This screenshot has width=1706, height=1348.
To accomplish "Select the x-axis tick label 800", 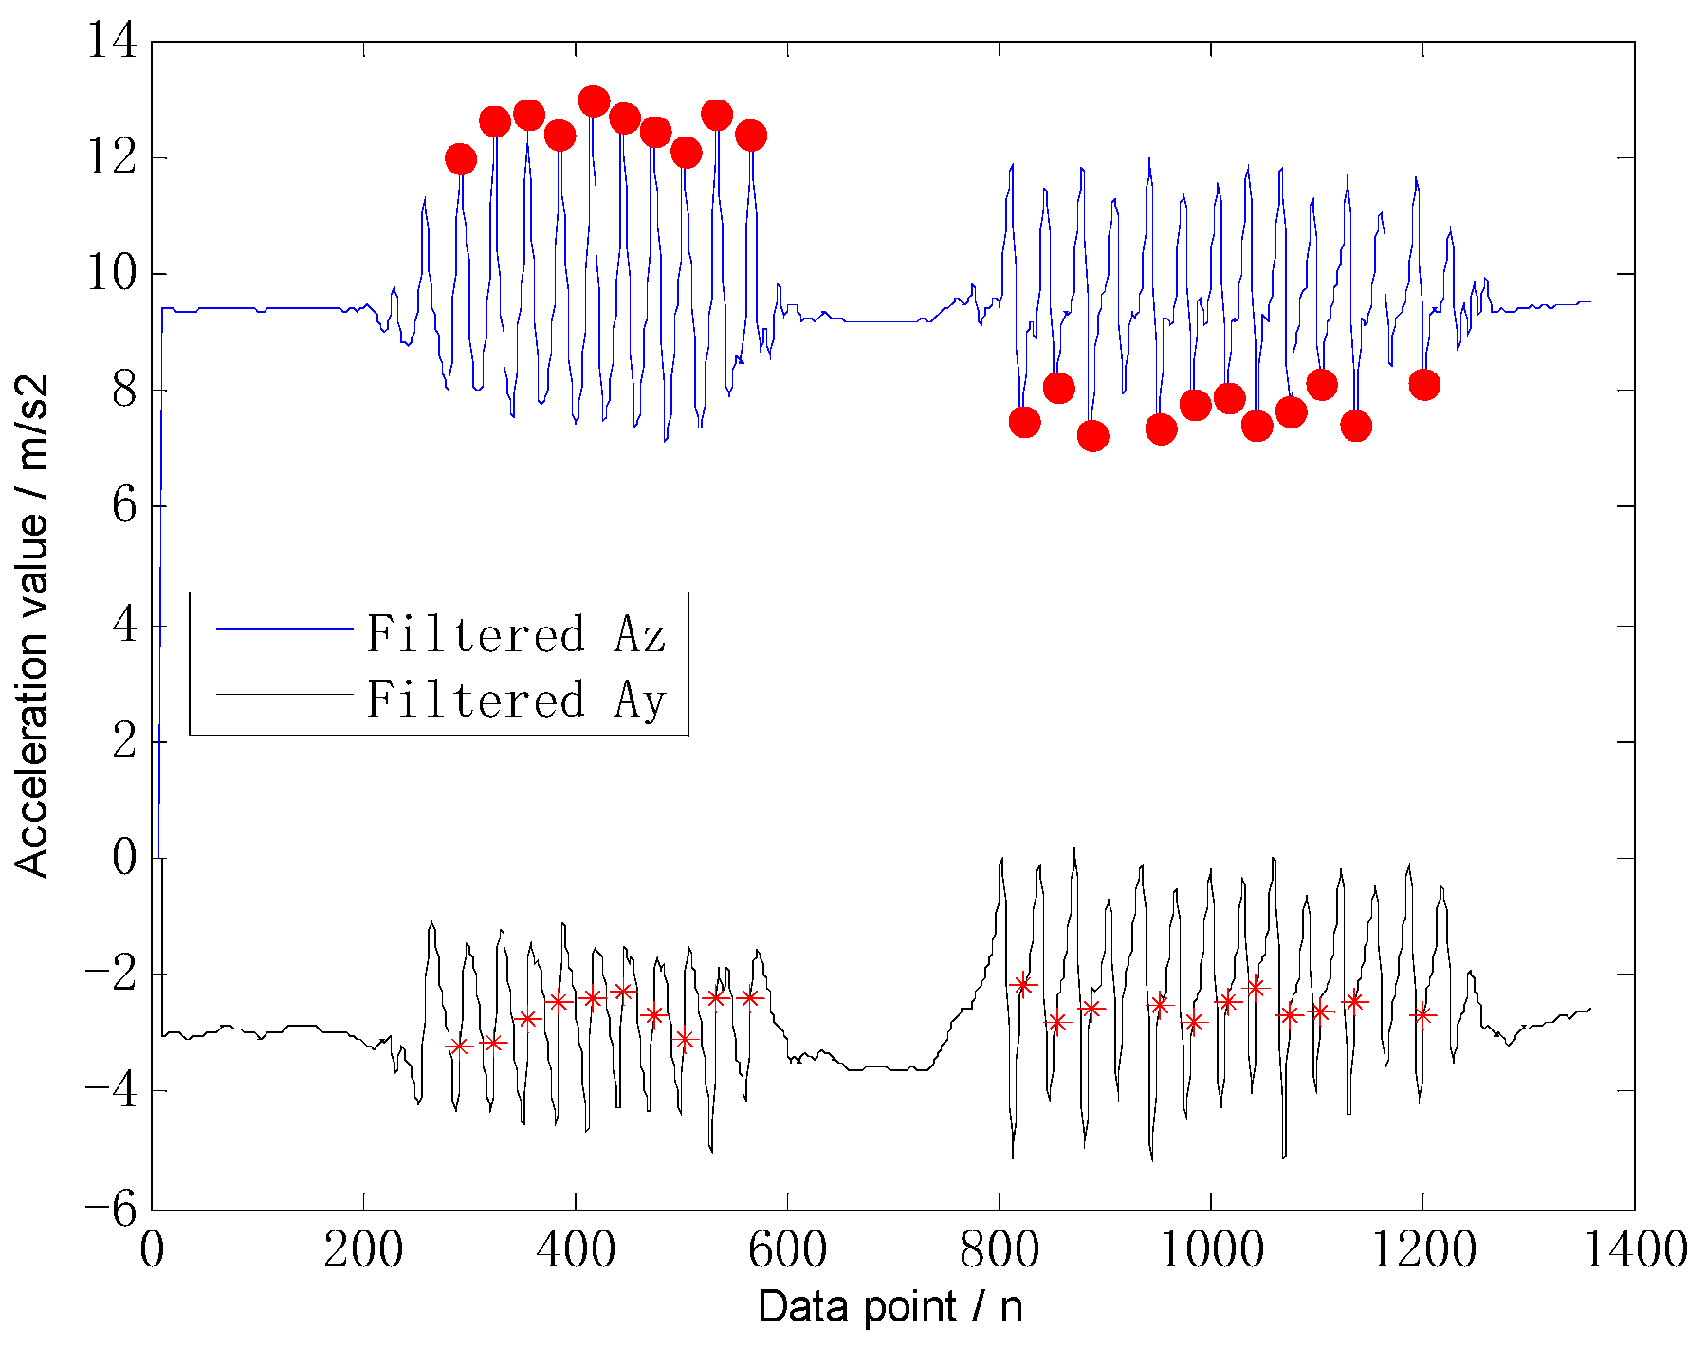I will (997, 1250).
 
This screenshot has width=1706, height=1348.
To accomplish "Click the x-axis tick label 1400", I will (1635, 1250).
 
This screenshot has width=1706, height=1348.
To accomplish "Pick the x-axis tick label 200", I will (363, 1250).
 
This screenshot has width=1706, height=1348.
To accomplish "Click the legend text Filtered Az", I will (517, 633).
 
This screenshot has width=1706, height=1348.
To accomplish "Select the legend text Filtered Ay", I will (517, 700).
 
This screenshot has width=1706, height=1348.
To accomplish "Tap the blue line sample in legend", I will (284, 628).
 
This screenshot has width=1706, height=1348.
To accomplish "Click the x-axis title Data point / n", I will (890, 1307).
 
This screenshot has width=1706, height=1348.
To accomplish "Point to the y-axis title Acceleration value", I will (30, 626).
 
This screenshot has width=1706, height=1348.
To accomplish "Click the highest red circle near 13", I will (594, 100).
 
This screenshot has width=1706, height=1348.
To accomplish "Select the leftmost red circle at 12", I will (460, 158).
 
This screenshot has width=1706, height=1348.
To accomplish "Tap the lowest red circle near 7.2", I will (1092, 435).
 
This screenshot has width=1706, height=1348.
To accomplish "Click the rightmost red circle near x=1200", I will (1423, 384).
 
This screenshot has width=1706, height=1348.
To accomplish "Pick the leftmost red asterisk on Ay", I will (459, 1046).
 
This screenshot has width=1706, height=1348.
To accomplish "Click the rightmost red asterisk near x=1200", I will (1422, 1014).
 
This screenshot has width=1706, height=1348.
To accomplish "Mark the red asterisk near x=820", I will (1022, 984).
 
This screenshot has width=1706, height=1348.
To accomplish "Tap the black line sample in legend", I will (284, 695).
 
